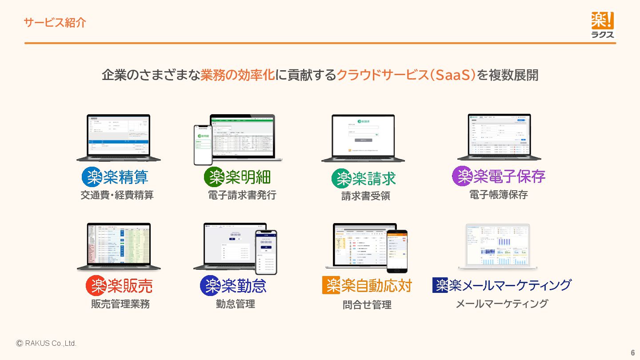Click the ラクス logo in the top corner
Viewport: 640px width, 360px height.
602,25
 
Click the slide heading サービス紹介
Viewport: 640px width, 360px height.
55,23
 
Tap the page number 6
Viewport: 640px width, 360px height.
632,352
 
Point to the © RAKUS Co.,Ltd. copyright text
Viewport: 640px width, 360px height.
46,344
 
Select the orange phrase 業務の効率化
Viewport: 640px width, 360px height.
237,75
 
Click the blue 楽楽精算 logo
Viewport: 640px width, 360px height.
115,177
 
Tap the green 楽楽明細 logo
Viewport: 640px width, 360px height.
237,177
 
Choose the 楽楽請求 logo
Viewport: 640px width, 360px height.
364,179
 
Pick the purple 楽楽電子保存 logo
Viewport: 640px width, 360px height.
499,176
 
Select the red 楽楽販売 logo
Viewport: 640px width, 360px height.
119,285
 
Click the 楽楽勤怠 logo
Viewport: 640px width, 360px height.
233,285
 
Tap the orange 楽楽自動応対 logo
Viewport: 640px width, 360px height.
367,285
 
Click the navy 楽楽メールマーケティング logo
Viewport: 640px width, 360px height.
502,285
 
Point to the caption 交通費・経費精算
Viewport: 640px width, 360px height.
117,195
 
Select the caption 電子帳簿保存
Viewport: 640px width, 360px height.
499,195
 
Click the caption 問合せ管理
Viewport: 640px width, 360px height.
367,305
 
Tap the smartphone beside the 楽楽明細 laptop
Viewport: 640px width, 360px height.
202,144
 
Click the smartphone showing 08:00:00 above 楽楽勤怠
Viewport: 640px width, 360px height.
266,252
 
